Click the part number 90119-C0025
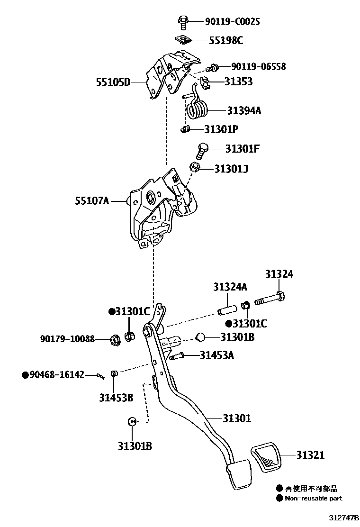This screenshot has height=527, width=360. click(x=232, y=22)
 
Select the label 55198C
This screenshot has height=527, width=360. click(x=225, y=40)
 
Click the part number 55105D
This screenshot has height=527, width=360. click(x=114, y=82)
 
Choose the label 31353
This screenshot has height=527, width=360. click(x=238, y=82)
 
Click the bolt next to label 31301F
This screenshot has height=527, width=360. click(x=201, y=151)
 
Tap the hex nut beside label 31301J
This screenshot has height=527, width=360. click(x=194, y=167)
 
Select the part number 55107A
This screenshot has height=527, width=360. click(x=92, y=201)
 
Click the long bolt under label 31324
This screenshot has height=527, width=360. click(x=270, y=300)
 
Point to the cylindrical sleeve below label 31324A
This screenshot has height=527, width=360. click(x=227, y=308)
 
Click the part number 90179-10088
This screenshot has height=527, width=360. click(x=67, y=339)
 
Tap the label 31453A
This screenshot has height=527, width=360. click(x=216, y=355)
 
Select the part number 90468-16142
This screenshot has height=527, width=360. click(x=56, y=375)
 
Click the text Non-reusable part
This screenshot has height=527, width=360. click(x=313, y=498)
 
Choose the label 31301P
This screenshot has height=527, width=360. click(x=221, y=129)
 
